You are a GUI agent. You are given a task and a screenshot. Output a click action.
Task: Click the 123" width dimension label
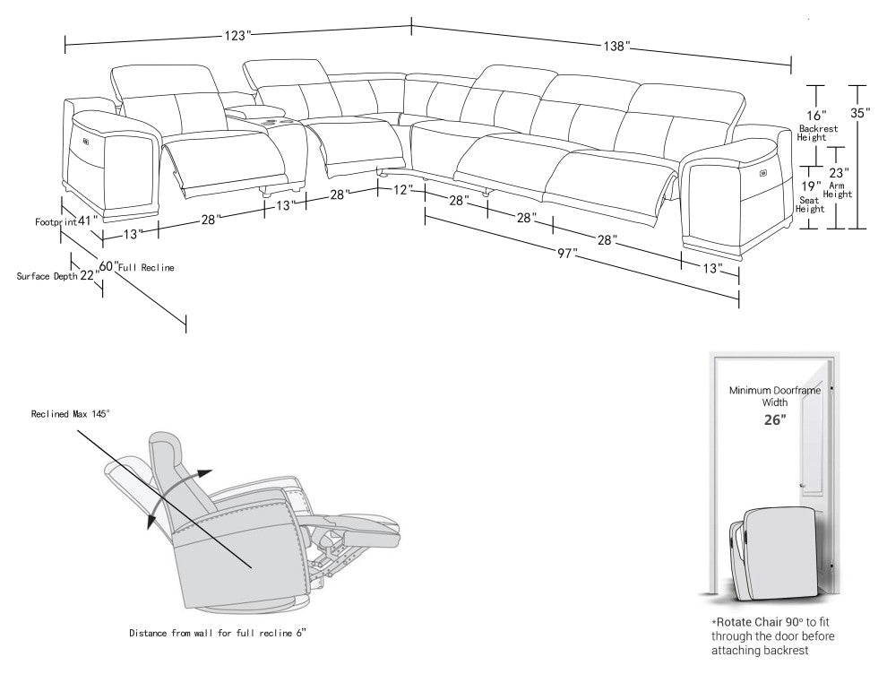[x=237, y=35]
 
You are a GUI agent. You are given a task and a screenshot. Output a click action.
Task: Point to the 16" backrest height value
[x=815, y=116]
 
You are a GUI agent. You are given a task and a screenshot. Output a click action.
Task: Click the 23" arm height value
[x=839, y=173]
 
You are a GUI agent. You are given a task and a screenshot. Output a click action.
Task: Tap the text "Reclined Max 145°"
[x=71, y=414]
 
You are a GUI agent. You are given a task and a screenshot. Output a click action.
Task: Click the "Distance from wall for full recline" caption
[x=218, y=634]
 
